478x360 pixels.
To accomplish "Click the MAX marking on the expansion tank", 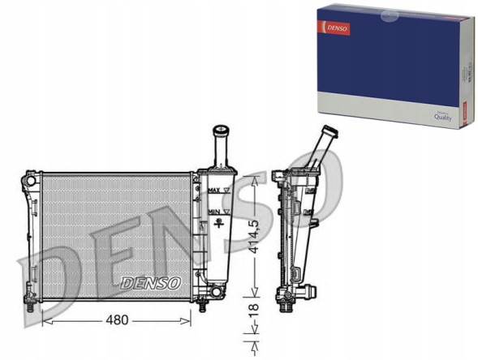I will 214,190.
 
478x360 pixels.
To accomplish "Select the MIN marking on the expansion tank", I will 214,212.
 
